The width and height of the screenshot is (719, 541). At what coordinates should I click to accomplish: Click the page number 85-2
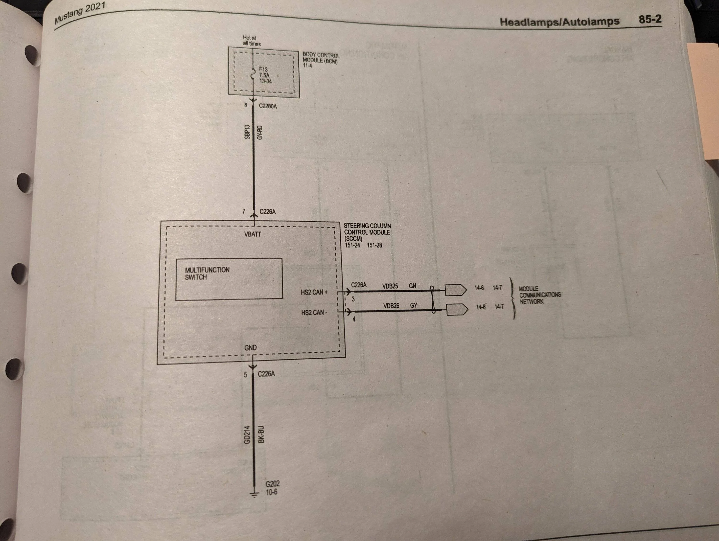point(650,19)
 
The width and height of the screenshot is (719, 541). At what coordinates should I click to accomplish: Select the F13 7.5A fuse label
point(265,75)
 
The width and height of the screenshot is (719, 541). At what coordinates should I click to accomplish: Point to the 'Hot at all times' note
point(252,40)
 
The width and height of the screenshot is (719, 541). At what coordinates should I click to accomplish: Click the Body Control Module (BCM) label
point(321,60)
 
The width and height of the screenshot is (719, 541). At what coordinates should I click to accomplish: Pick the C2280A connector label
point(268,106)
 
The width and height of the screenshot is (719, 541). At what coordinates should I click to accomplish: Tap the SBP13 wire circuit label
point(247,132)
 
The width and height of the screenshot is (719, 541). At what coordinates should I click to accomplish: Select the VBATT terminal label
point(253,234)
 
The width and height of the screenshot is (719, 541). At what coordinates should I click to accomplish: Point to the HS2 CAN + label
point(314,292)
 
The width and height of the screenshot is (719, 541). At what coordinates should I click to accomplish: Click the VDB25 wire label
point(390,286)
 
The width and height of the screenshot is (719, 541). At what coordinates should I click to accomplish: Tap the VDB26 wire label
point(391,306)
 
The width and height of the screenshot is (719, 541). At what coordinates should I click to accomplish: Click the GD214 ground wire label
point(247,435)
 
